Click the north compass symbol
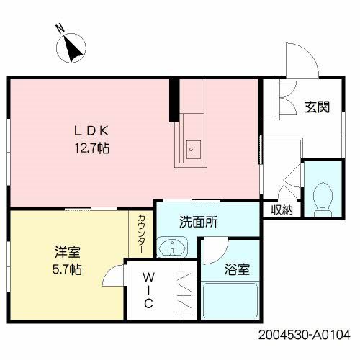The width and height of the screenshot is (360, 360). pyautogui.click(x=73, y=50)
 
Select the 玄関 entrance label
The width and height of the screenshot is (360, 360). pyautogui.click(x=316, y=107)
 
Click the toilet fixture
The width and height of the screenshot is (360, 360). pyautogui.click(x=323, y=197)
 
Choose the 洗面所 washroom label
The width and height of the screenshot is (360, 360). pyautogui.click(x=198, y=222)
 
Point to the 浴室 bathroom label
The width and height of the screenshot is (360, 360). pyautogui.click(x=237, y=270)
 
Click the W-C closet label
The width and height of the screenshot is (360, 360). pyautogui.click(x=147, y=291)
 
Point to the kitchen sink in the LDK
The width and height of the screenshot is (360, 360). pyautogui.click(x=192, y=148)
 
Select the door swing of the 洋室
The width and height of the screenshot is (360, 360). pyautogui.click(x=113, y=278)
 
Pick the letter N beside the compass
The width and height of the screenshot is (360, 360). pyautogui.click(x=60, y=29)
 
